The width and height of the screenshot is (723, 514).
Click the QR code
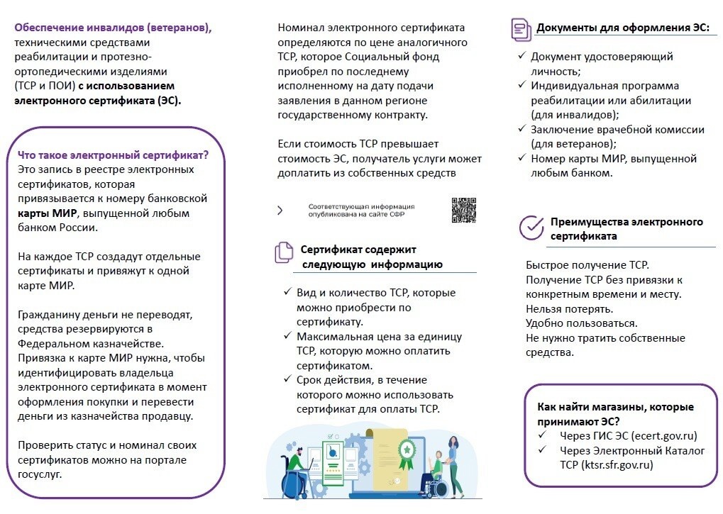click(x=463, y=210)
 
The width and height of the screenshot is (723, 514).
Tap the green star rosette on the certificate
click(x=406, y=449)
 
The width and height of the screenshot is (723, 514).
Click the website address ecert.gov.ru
click(x=663, y=435)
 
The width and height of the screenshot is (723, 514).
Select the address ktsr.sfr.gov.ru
click(x=617, y=465)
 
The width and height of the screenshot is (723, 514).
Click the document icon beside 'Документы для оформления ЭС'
click(x=521, y=29)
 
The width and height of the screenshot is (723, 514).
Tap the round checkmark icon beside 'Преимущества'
click(x=531, y=228)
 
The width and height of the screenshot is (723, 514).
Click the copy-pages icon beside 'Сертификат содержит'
click(x=284, y=252)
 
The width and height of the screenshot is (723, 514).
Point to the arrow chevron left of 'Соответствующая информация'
click(x=280, y=210)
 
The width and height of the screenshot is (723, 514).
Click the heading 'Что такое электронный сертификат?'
click(x=112, y=155)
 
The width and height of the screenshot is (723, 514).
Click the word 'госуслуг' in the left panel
click(x=40, y=474)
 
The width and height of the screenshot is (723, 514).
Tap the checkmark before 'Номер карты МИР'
click(x=521, y=158)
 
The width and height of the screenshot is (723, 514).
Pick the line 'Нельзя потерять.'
click(x=569, y=308)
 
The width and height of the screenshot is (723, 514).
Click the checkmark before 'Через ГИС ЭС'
click(x=543, y=435)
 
